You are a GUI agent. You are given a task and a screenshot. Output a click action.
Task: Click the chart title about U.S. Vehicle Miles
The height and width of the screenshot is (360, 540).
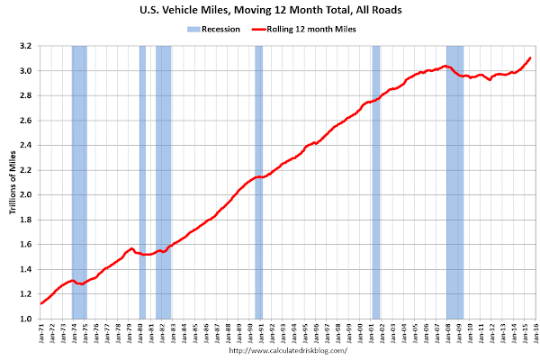pyautogui.click(x=270, y=12)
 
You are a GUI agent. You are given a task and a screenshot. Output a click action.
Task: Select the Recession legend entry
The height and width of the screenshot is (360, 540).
pyautogui.click(x=213, y=29)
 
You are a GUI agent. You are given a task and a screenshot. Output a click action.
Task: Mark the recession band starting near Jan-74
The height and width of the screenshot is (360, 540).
pyautogui.click(x=79, y=180)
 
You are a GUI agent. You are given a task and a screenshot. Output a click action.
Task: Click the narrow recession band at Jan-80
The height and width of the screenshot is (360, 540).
pyautogui.click(x=142, y=180)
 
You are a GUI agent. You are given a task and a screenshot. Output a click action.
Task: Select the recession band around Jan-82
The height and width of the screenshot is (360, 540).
pyautogui.click(x=163, y=180)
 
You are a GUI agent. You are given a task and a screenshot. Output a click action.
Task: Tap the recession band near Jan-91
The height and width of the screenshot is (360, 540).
pyautogui.click(x=258, y=180)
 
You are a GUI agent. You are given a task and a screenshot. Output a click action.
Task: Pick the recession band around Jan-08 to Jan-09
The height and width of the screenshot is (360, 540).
pyautogui.click(x=454, y=180)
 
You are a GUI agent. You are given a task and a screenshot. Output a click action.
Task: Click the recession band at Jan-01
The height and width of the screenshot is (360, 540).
pyautogui.click(x=376, y=180)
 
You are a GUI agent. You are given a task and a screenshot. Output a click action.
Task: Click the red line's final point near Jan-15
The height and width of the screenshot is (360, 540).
pyautogui.click(x=530, y=58)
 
